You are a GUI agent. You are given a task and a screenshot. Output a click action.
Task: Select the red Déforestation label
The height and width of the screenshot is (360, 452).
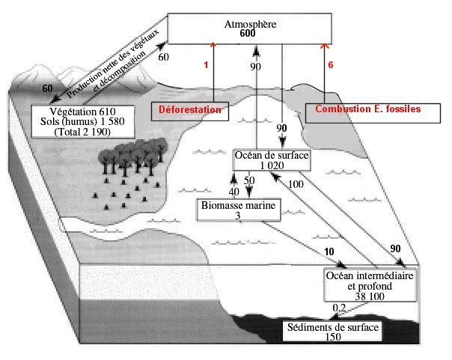tap(191, 109)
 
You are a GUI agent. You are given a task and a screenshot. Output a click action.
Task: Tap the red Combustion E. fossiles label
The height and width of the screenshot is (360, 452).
tap(367, 109)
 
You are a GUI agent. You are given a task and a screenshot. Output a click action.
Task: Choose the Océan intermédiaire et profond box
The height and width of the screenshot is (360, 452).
tap(370, 286)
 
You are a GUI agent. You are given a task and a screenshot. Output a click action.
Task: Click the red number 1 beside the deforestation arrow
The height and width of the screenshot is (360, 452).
tap(205, 65)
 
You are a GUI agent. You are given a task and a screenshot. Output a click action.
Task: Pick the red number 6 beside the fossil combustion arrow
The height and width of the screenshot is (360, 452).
tap(332, 65)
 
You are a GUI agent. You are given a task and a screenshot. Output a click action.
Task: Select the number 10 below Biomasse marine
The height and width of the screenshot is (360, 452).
tap(329, 250)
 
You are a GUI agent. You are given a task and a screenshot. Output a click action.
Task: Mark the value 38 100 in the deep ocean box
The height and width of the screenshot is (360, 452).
tap(370, 296)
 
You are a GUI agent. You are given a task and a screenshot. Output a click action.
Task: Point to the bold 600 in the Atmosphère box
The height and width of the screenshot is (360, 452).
tap(250, 34)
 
